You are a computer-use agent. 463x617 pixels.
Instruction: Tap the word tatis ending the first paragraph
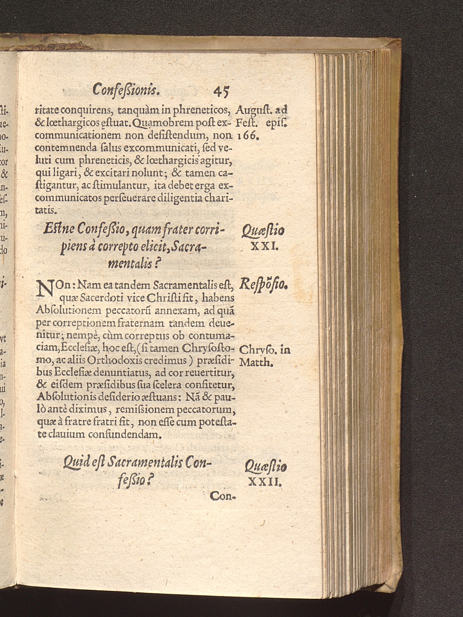point(44,210)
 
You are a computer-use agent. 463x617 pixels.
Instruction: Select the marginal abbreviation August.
point(253,111)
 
